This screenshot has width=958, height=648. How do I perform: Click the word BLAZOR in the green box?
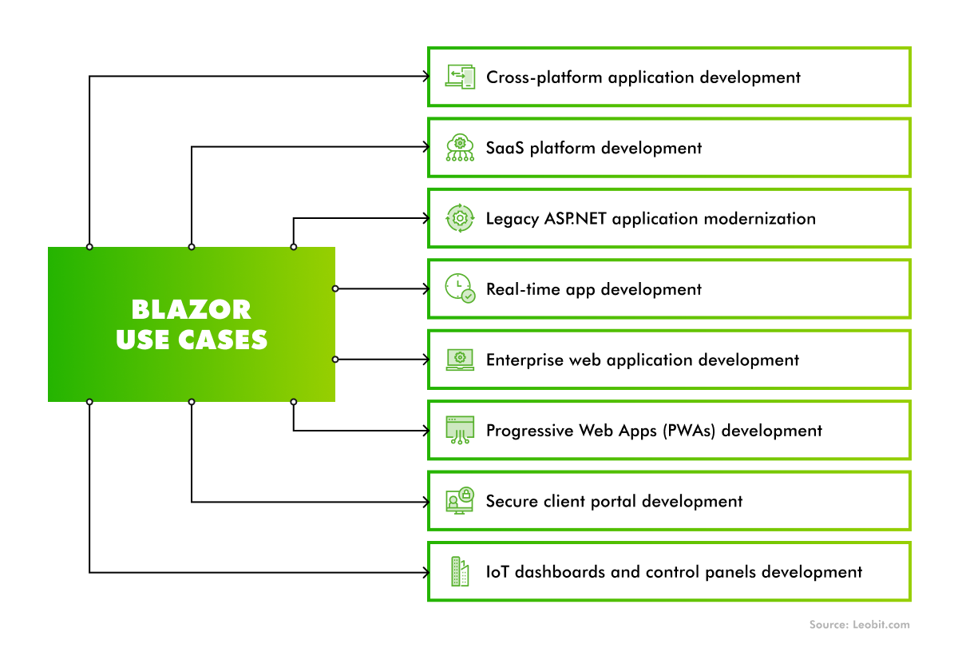192,309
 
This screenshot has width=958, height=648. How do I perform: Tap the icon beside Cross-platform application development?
460,77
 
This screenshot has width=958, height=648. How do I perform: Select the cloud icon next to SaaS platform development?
460,148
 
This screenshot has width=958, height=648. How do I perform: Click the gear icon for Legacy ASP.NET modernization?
460,218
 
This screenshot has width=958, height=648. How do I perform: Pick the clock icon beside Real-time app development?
460,288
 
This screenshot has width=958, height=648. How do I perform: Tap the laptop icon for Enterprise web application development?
460,360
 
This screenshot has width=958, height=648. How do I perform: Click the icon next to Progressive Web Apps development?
460,430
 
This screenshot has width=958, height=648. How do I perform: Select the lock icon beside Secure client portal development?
465,495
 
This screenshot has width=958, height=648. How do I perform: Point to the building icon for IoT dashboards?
460,571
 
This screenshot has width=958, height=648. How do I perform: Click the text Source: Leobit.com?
859,625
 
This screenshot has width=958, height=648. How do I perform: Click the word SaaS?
504,148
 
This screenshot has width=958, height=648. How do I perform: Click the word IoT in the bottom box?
497,572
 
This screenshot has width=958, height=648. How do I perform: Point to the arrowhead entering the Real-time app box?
426,288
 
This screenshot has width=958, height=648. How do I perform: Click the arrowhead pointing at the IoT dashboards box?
426,572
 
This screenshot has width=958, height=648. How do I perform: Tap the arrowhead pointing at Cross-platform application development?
426,77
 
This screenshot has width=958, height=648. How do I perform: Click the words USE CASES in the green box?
192,340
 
